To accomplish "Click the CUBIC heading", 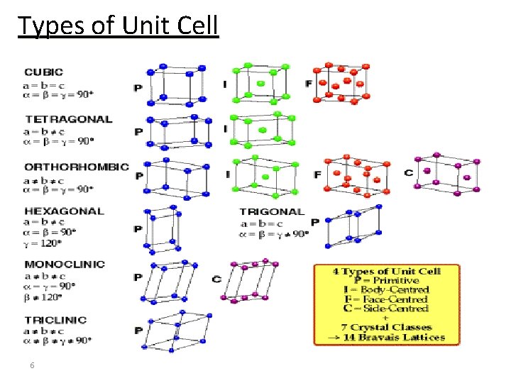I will click(44, 72).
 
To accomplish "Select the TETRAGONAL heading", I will click(69, 119).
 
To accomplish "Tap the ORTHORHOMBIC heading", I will click(77, 167).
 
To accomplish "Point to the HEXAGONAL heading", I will click(64, 211).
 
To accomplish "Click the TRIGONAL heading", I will click(272, 211).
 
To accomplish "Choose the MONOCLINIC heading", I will click(65, 264).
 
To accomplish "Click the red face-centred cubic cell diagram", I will click(342, 83).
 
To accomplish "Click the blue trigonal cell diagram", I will click(353, 226).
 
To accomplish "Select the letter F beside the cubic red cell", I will click(309, 84).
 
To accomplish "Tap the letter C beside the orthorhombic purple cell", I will click(409, 173).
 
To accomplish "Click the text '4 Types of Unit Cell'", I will click(387, 271).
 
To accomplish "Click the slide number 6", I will click(32, 365).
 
